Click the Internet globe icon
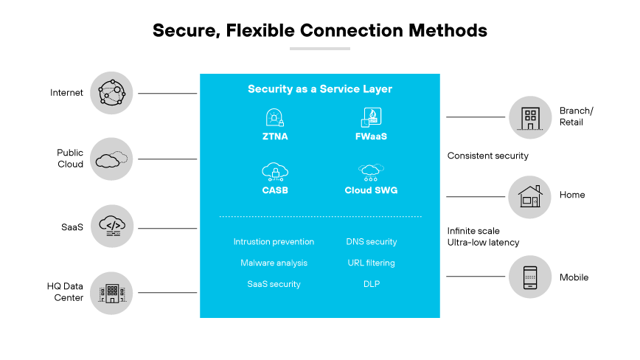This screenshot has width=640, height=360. pyautogui.click(x=111, y=93)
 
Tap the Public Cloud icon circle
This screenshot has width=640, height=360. pyautogui.click(x=111, y=159)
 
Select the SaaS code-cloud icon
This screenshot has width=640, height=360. pyautogui.click(x=111, y=226)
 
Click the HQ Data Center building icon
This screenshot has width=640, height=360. pyautogui.click(x=111, y=292)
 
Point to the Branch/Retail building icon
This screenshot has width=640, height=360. pyautogui.click(x=529, y=117)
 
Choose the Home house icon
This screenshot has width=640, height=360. pyautogui.click(x=529, y=196)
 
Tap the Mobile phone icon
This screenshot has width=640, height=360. pyautogui.click(x=529, y=277)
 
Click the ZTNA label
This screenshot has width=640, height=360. pyautogui.click(x=274, y=136)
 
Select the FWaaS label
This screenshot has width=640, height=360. pyautogui.click(x=371, y=136)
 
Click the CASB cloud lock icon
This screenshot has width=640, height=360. pyautogui.click(x=274, y=172)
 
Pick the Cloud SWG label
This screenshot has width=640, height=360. pyautogui.click(x=371, y=190)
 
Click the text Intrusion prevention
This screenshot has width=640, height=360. pyautogui.click(x=274, y=242)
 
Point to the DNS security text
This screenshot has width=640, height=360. pyautogui.click(x=372, y=242)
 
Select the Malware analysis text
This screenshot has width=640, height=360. pyautogui.click(x=274, y=263)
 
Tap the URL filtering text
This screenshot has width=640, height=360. pyautogui.click(x=371, y=263)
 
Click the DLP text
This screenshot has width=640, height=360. pyautogui.click(x=372, y=284)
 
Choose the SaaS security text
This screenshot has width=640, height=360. pyautogui.click(x=274, y=284)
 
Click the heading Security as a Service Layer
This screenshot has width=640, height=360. pyautogui.click(x=319, y=89)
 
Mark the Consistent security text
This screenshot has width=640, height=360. pyautogui.click(x=487, y=156)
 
